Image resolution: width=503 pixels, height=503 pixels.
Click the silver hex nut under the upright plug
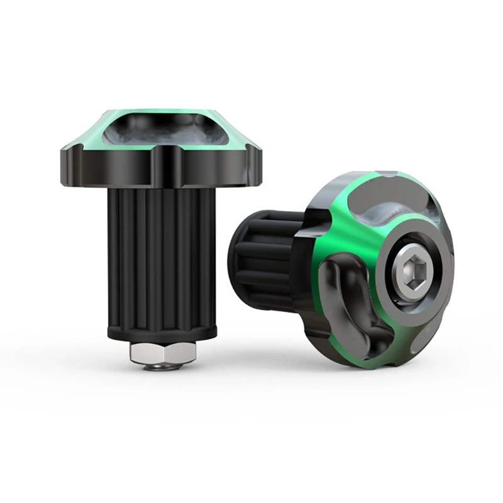(161, 354)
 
